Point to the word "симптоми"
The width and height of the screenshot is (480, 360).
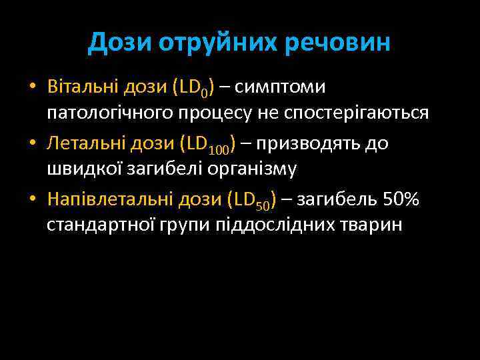click(x=281, y=87)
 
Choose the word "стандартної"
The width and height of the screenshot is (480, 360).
click(x=100, y=225)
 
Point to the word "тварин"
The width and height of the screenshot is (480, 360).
click(x=370, y=225)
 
